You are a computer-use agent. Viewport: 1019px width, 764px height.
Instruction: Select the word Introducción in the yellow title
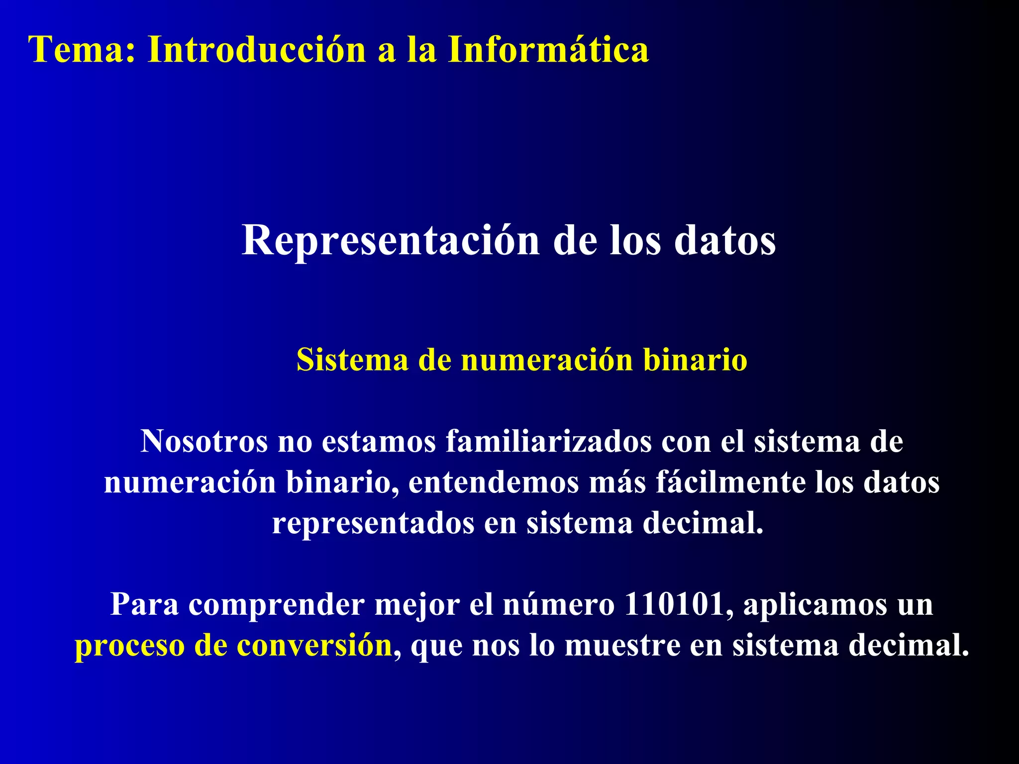pyautogui.click(x=257, y=50)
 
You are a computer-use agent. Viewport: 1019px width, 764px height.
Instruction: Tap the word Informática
pyautogui.click(x=548, y=50)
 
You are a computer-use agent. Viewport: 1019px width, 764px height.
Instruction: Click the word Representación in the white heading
pyautogui.click(x=391, y=241)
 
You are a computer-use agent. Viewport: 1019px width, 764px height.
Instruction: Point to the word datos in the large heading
pyautogui.click(x=725, y=241)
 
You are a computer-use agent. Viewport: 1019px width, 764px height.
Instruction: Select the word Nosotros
pyautogui.click(x=204, y=441)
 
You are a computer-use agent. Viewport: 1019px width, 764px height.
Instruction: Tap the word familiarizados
pyautogui.click(x=548, y=441)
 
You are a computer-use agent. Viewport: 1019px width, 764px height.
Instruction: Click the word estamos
pyautogui.click(x=379, y=441)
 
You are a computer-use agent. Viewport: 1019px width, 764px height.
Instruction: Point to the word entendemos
pyautogui.click(x=493, y=482)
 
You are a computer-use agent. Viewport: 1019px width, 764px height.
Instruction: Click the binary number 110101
pyautogui.click(x=673, y=604)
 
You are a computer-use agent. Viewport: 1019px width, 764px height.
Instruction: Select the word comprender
pyautogui.click(x=276, y=605)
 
